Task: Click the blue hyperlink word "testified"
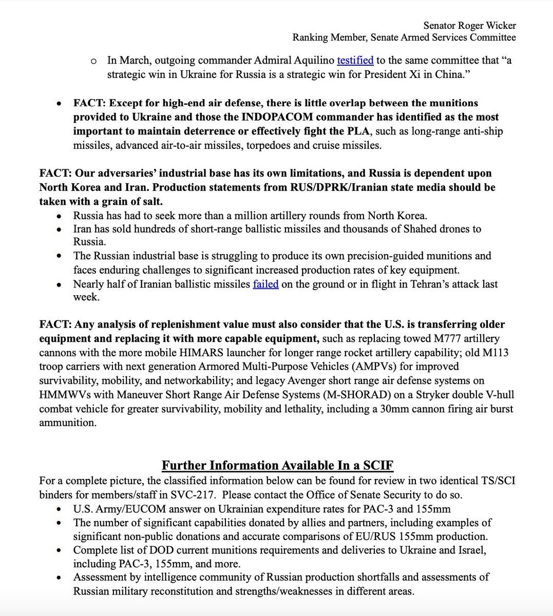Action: (x=355, y=61)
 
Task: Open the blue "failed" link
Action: (x=265, y=284)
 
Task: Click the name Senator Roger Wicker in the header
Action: (x=469, y=25)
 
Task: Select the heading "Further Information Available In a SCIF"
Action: (x=277, y=466)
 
